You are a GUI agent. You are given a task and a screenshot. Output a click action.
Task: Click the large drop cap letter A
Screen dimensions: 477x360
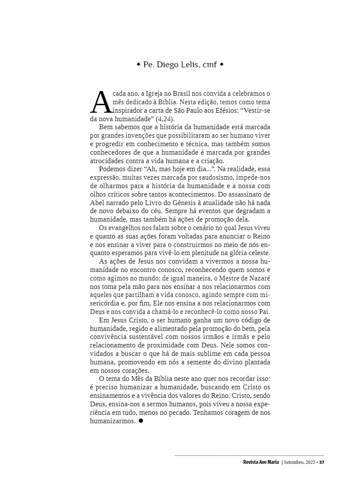[x=101, y=103]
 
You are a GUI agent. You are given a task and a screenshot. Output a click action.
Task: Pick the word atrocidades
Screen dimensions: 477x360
[x=107, y=161]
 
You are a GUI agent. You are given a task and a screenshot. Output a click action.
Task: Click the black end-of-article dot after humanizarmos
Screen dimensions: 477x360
[x=141, y=421]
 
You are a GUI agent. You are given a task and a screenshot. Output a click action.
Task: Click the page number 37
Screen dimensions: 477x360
[x=321, y=462]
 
